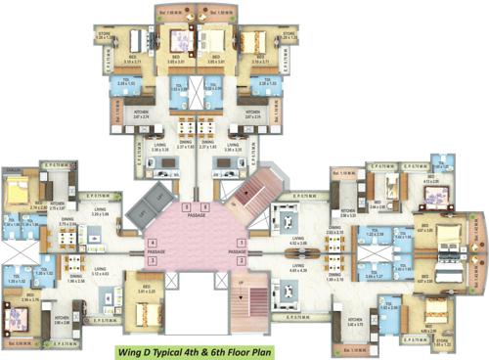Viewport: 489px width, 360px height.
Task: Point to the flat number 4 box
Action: point(152,242)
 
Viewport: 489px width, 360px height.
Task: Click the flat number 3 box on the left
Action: point(152,261)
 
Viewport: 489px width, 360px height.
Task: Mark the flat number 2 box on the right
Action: point(242,261)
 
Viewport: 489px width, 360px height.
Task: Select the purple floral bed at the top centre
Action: point(182,41)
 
